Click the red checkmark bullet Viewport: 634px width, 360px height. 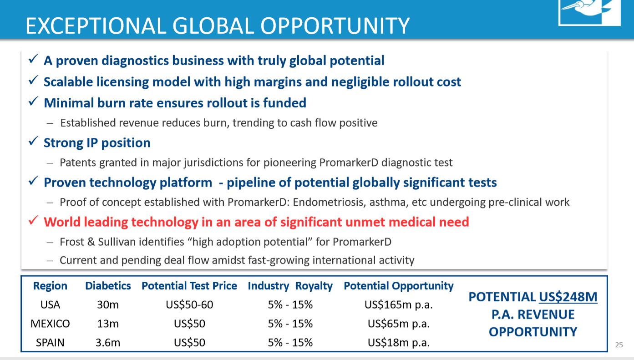coord(33,220)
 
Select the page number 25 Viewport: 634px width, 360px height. coord(619,345)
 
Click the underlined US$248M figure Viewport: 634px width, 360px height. coord(568,297)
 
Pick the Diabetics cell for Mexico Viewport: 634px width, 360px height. coord(108,324)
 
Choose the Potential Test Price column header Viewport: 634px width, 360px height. coord(189,286)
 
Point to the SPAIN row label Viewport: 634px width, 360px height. coord(50,342)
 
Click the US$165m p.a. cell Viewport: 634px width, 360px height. coord(399,305)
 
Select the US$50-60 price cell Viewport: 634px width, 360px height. coord(189,304)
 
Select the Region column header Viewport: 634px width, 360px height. coord(50,286)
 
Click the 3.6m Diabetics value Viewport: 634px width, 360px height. coord(108,342)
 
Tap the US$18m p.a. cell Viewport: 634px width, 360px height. coord(399,343)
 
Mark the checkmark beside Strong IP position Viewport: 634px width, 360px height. coord(33,141)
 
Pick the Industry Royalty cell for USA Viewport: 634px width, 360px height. coord(290,304)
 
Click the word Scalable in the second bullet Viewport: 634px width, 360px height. coord(68,82)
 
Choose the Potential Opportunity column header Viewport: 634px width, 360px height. coord(399,286)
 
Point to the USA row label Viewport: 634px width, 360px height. coord(50,304)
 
